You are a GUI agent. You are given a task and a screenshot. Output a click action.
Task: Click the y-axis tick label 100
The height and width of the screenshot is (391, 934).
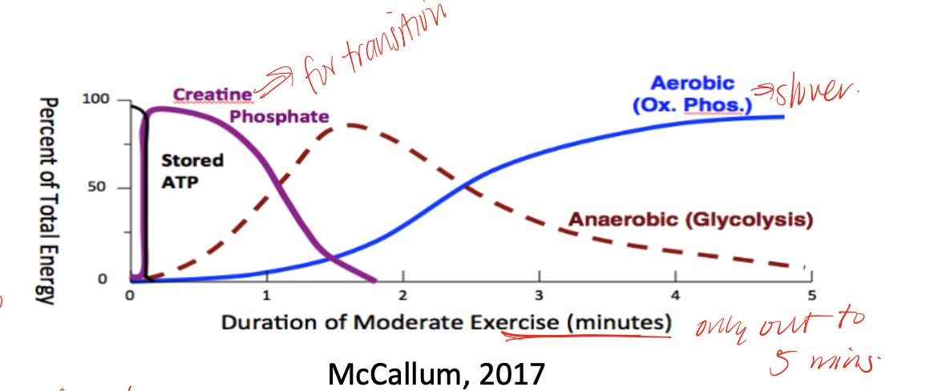[94, 100]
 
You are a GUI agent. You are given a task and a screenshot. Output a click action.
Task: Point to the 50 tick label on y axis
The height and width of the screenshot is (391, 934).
[98, 188]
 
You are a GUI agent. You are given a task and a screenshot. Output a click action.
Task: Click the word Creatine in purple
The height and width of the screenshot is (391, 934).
[212, 95]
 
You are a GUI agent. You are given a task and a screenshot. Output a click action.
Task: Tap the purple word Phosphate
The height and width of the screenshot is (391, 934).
[279, 117]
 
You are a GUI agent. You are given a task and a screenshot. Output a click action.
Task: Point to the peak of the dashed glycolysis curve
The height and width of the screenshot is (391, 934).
[351, 125]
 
